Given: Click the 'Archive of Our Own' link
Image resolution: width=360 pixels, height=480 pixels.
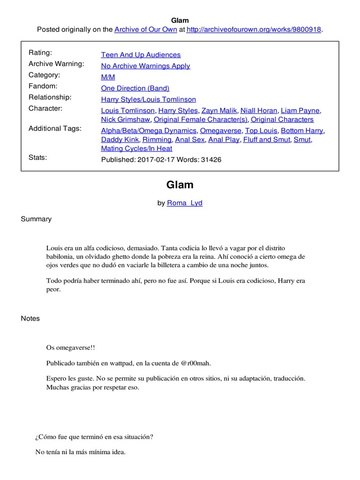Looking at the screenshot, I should tap(146, 30).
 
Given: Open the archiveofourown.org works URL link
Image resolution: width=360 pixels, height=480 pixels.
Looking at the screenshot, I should tap(254, 30).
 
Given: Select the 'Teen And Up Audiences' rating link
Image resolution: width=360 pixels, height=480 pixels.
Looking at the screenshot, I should tap(141, 55).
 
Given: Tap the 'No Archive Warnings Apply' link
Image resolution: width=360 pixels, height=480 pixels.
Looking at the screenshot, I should tap(145, 66).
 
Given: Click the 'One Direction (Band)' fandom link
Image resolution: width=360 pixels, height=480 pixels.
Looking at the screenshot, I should tap(135, 88).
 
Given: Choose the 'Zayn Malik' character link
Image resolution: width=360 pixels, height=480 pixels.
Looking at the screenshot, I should tap(219, 111).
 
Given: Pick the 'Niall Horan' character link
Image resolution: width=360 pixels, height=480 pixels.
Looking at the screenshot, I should tap(258, 111).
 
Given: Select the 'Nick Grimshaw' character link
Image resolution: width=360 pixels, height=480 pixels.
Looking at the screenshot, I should tap(126, 120).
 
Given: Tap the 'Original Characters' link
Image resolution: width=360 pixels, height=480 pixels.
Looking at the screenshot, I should tap(282, 120).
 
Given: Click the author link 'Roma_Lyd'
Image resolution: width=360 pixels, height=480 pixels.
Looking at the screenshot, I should tap(185, 203).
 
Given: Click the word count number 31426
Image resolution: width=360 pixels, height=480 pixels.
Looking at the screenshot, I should tap(211, 160).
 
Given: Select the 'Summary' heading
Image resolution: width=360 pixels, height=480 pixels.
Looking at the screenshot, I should tap(36, 219).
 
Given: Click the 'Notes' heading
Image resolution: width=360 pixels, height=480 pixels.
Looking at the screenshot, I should tap(30, 319).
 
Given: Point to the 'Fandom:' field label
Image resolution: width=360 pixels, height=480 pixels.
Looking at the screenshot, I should tap(43, 86).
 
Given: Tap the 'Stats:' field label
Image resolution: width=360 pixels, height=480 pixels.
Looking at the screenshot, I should tap(38, 157).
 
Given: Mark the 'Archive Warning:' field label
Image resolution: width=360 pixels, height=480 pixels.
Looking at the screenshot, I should tap(56, 64).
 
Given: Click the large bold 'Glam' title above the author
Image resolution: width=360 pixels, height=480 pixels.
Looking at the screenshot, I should tap(180, 185).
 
